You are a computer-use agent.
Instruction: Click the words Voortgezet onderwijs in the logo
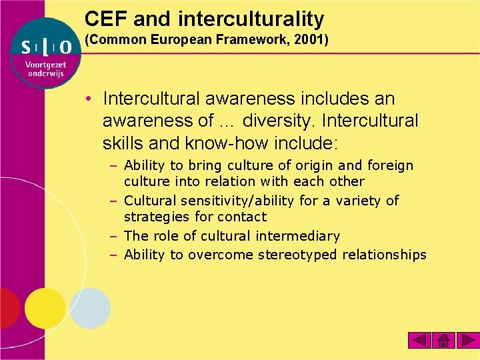pyautogui.click(x=46, y=69)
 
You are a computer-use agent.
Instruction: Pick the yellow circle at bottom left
pyautogui.click(x=45, y=308)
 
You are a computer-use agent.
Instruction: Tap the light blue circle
pyautogui.click(x=90, y=308)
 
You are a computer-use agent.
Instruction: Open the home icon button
pyautogui.click(x=443, y=341)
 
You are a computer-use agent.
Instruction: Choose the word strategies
pyautogui.click(x=157, y=217)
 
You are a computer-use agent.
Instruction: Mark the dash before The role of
pyautogui.click(x=115, y=236)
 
